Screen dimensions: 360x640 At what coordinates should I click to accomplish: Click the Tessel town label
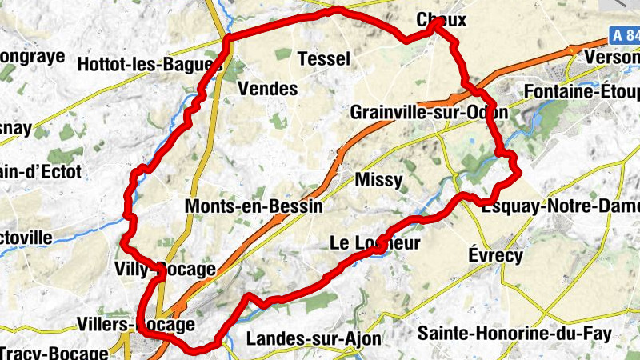323,58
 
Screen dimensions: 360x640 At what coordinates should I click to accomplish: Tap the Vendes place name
268,89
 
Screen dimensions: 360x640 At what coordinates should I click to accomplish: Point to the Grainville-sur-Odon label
429,113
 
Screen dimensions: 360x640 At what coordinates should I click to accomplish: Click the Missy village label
378,180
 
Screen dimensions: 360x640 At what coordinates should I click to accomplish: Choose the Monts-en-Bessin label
254,206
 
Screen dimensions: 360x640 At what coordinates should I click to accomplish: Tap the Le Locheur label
374,243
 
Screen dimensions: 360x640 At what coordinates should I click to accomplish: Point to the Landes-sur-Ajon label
314,338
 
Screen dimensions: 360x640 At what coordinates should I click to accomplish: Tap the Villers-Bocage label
136,325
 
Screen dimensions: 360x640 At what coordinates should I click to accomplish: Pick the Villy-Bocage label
165,269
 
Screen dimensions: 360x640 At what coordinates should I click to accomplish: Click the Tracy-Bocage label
53,353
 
